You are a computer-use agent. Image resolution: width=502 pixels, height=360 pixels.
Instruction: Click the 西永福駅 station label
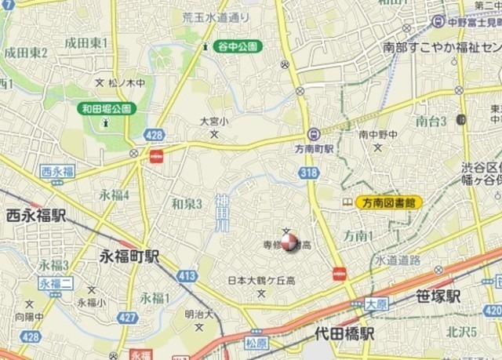coord(36,215)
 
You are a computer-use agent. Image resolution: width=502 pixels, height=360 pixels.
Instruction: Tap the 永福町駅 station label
coord(130,256)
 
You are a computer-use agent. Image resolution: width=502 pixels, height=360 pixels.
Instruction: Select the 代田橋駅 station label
coord(344,333)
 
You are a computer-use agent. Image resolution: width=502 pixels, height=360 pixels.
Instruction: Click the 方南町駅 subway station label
coord(336,147)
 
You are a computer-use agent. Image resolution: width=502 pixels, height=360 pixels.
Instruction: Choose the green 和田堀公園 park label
coord(107,108)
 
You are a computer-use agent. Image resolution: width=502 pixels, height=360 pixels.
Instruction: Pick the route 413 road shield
coord(187,275)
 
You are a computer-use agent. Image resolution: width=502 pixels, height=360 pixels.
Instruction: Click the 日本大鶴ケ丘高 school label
coord(261,281)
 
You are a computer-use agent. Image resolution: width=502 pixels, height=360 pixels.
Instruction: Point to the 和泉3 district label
coord(187,204)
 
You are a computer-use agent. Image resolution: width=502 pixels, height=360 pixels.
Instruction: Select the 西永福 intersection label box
coord(58,171)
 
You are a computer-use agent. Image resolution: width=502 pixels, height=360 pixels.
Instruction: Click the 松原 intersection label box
coord(256,343)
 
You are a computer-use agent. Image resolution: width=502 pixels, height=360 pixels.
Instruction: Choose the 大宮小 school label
coord(213,122)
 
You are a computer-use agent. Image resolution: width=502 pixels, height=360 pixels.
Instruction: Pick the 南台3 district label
coord(431,121)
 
